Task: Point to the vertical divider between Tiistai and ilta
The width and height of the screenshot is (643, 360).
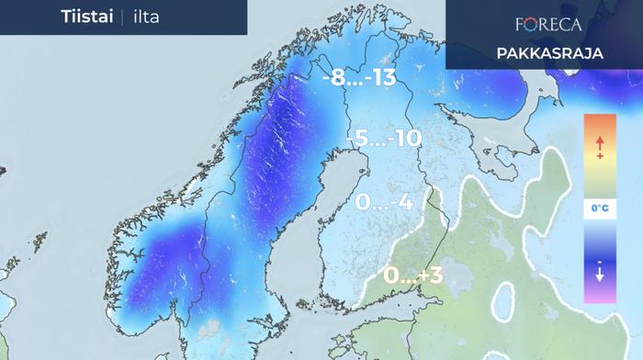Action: coord(119,17)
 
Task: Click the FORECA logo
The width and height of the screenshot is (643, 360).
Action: coord(549,24)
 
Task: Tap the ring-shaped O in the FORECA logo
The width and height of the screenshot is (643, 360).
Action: coord(528,24)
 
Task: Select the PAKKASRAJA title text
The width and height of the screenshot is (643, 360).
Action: coord(549,53)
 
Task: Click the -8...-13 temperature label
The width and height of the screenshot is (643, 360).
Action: coord(358,79)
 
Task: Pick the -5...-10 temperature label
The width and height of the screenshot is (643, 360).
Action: coord(384,139)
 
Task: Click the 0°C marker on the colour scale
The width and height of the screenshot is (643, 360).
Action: coord(599,209)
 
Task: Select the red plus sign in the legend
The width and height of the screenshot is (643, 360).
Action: coord(599,157)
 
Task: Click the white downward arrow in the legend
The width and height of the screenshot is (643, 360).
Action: coord(599,274)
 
